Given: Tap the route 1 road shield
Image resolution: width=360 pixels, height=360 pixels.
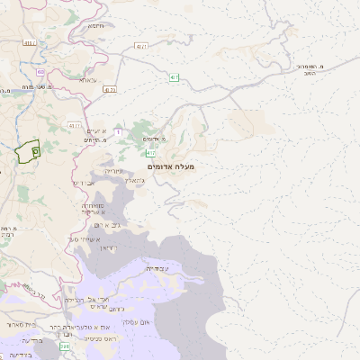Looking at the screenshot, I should pyautogui.click(x=117, y=132).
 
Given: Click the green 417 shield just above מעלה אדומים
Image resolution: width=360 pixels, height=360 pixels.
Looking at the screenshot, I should pyautogui.click(x=151, y=153).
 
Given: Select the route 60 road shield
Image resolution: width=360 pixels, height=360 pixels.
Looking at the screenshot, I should pyautogui.click(x=40, y=72).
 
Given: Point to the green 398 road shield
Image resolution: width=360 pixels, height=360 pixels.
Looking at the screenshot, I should pyautogui.click(x=64, y=346).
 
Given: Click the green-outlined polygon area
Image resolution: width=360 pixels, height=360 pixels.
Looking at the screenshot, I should pyautogui.click(x=27, y=151).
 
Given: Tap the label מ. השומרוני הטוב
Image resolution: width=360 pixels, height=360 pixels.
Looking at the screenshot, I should pyautogui.click(x=310, y=69).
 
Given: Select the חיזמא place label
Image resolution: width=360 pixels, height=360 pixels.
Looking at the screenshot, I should pyautogui.click(x=96, y=25).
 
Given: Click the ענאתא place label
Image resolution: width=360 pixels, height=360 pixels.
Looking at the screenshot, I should pyautogui.click(x=86, y=80).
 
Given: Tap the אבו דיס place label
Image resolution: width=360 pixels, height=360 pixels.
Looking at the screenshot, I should pyautogui.click(x=82, y=183).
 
